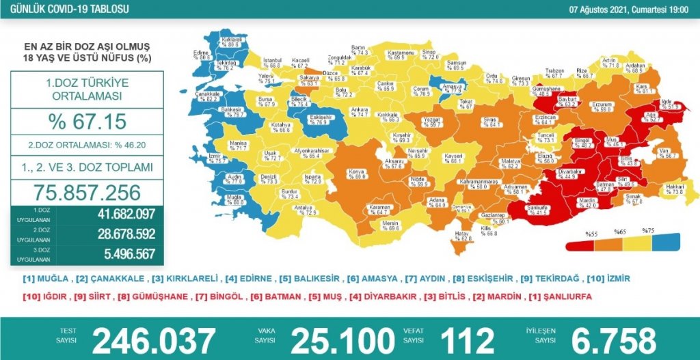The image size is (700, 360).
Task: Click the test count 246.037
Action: click(x=153, y=340)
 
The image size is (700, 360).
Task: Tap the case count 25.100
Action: click(x=342, y=340)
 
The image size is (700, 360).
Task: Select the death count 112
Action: click(x=467, y=340)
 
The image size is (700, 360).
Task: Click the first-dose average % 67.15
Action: click(x=87, y=122)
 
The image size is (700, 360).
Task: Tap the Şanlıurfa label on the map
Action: click(x=528, y=208)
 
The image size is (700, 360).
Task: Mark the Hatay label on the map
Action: click(x=463, y=236)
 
